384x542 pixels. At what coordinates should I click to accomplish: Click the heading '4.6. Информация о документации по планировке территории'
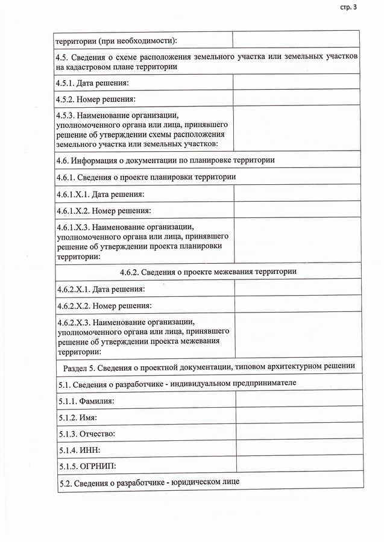click(165, 160)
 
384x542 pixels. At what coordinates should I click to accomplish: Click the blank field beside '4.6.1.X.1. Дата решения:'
click(297, 194)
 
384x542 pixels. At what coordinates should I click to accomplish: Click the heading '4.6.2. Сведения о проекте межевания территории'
click(208, 272)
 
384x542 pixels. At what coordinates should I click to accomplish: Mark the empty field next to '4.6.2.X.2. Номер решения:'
click(298, 306)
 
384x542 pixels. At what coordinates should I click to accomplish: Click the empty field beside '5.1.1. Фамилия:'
click(299, 400)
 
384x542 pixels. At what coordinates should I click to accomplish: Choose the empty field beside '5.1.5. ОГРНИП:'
click(299, 466)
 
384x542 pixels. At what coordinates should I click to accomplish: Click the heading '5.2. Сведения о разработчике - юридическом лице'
click(150, 482)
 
